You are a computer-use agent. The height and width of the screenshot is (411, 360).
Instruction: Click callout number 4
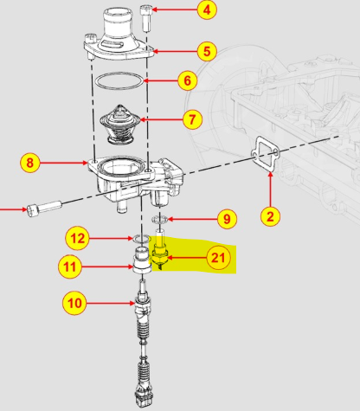coord(206,11)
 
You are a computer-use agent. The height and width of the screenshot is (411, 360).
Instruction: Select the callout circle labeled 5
coord(206,50)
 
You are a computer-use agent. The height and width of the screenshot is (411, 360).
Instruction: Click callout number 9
coord(225,219)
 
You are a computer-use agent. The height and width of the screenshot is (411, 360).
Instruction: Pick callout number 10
coord(75,303)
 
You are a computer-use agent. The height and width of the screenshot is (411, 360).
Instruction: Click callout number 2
coord(271,216)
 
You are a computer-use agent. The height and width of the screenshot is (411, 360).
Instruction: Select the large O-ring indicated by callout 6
coord(119,83)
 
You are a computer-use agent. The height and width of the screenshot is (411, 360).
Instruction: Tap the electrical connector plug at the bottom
coord(141,399)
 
